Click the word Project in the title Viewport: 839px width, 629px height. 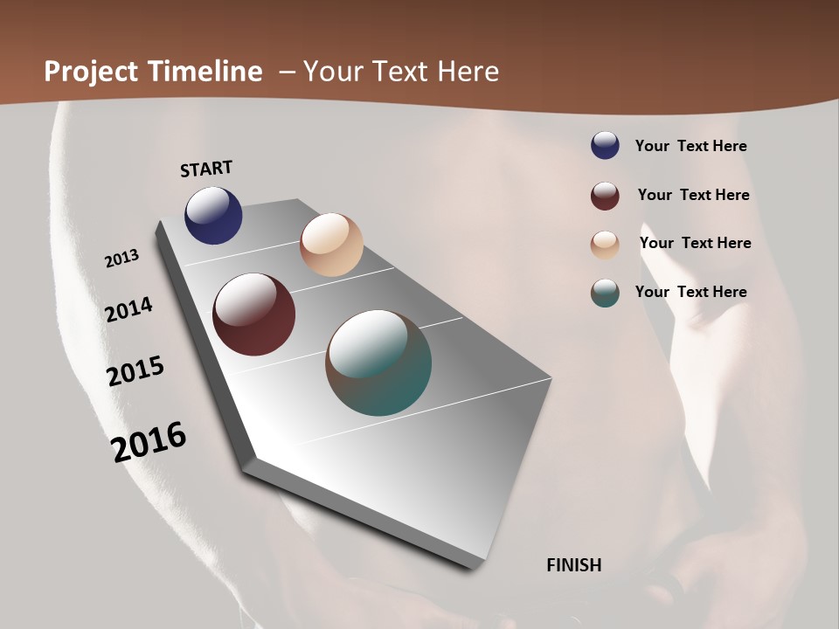pos(92,72)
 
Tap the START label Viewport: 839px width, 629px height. pos(206,169)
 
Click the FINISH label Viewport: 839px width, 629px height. pos(574,565)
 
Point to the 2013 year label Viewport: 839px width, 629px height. pos(121,259)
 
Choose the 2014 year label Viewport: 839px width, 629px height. pos(129,309)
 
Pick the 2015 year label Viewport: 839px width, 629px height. pos(135,371)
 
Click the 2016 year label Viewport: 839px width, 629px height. pos(149,442)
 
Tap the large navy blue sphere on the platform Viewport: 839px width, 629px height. pos(213,216)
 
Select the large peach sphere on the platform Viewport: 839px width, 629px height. pos(331,245)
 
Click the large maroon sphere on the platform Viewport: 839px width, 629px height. pos(253,314)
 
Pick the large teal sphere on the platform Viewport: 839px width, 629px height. pos(378,363)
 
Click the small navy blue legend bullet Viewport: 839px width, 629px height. pos(605,146)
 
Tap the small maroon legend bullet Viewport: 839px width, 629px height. pos(605,196)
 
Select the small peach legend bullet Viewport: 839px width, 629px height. pos(605,244)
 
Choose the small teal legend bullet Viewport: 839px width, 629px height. pos(605,293)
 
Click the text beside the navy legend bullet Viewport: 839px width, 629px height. pos(690,147)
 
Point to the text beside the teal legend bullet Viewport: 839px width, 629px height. pos(690,292)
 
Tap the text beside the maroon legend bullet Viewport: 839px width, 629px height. pos(693,195)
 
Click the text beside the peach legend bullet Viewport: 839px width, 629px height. pos(695,243)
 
